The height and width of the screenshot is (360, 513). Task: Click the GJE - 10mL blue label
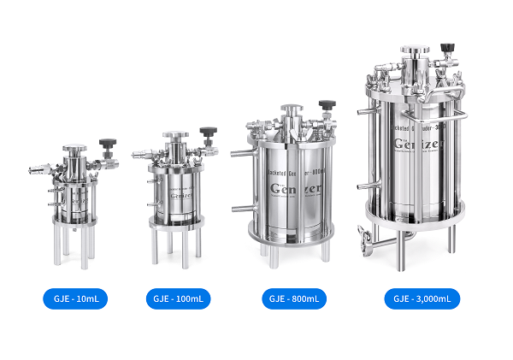tap(75, 299)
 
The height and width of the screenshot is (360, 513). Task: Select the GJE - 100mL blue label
tap(178, 299)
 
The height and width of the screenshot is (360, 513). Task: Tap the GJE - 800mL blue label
tap(294, 299)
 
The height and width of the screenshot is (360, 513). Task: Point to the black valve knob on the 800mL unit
tap(327, 105)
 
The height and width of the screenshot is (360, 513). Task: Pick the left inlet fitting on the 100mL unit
tap(140, 156)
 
